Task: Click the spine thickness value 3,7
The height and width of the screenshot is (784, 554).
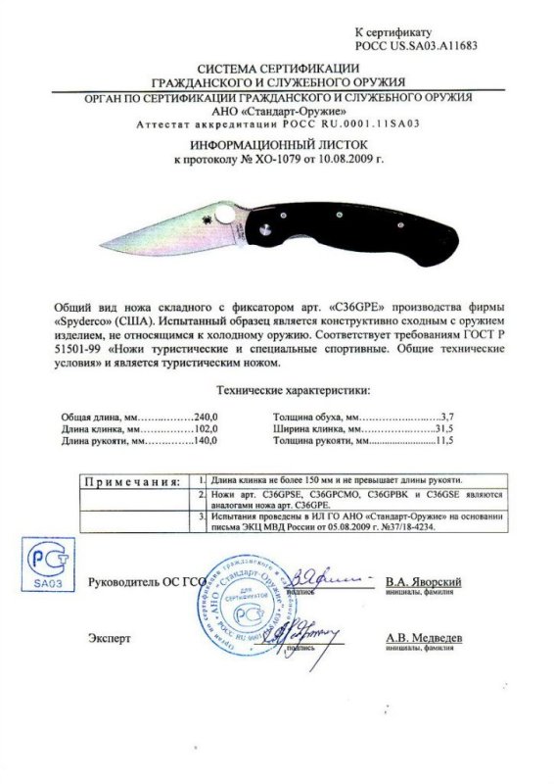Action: click(x=449, y=416)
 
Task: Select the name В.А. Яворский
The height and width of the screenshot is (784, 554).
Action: click(x=423, y=582)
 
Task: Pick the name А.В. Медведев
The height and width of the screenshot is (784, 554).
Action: click(x=424, y=639)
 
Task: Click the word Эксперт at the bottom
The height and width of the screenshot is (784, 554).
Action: click(x=110, y=639)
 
